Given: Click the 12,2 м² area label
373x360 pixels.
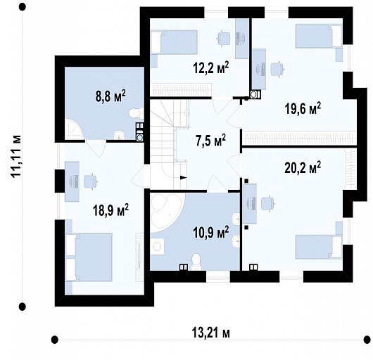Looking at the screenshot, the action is tap(210, 67).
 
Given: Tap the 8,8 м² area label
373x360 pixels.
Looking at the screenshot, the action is tap(110, 96).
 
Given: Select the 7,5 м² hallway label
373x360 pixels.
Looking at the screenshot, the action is tap(210, 141).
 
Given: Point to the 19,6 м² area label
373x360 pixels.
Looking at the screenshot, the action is tap(303, 109).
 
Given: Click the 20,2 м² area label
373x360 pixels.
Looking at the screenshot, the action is tap(303, 167).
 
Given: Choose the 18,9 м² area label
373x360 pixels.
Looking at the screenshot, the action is tap(110, 210).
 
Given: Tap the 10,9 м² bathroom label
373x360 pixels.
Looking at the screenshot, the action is tap(210, 232).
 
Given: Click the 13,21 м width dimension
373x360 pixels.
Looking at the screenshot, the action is tap(210, 333).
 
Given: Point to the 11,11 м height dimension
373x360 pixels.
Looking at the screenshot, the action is tap(16, 156).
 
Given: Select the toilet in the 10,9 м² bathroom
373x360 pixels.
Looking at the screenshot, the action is tap(196, 262).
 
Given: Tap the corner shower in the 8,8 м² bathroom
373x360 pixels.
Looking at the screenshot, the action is tap(73, 129).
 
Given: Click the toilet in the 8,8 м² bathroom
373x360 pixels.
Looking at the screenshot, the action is tap(137, 113).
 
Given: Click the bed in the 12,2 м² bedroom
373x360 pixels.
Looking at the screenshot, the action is tap(175, 42).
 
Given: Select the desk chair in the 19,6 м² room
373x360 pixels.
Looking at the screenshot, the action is tap(278, 70).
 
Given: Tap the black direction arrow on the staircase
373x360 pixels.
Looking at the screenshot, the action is tap(184, 177).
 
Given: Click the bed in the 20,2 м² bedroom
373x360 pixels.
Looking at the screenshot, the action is tap(319, 247).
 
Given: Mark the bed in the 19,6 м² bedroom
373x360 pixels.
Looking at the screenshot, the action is tap(319, 36).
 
